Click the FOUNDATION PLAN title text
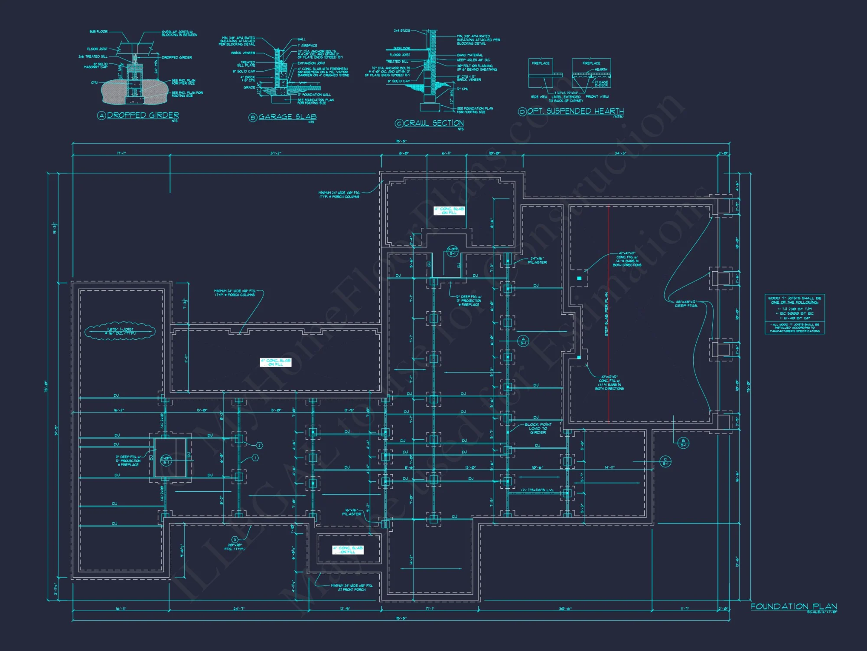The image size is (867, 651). point(794,606)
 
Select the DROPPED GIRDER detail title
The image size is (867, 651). point(143,115)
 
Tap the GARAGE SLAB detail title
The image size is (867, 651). point(287,117)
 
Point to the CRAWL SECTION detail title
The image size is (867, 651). point(433,123)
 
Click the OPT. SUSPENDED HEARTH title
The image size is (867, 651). point(575,111)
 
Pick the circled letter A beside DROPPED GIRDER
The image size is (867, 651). point(101,115)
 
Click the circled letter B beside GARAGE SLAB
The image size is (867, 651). point(253,117)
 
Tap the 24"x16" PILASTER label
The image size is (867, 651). point(537,260)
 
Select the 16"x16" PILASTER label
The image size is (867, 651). point(351,512)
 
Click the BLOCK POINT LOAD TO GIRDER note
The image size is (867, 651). point(538,428)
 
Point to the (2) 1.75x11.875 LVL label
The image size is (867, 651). point(537,490)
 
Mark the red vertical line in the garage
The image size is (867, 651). point(609,312)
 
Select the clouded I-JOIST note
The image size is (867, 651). point(120,332)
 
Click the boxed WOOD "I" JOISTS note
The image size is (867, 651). point(795,314)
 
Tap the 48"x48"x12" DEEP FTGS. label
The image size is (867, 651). point(686,304)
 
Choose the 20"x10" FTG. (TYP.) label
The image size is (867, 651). point(235,547)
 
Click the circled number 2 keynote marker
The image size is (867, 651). point(259,445)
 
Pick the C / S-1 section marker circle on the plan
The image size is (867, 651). point(665,461)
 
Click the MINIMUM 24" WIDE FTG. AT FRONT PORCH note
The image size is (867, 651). point(351,588)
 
